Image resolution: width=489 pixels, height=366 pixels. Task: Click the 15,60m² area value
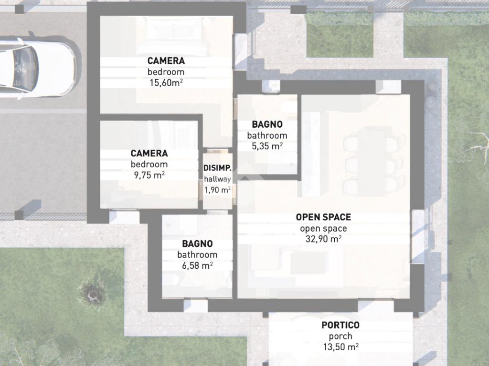166,83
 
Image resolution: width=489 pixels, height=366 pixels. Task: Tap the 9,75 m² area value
149,175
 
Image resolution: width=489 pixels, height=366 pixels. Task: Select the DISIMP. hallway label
217,168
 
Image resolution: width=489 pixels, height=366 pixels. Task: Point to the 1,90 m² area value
217,190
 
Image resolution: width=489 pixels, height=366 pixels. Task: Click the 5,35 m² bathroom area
267,146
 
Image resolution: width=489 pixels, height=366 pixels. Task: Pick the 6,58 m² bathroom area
197,265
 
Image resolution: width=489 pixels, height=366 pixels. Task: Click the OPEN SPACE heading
323,217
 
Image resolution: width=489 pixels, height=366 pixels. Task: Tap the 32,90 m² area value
323,239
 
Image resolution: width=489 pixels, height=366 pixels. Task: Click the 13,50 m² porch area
340,347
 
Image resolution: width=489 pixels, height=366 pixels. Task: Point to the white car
37,66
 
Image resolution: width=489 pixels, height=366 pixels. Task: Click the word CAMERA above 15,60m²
166,61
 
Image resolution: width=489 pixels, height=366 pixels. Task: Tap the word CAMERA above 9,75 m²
149,153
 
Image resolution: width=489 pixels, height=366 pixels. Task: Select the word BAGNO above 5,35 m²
267,124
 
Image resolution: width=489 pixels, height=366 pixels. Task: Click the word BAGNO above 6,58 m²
197,244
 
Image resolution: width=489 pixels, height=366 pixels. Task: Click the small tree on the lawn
93,294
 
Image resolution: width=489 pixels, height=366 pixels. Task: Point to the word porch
340,336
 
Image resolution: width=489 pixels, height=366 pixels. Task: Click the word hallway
217,179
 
